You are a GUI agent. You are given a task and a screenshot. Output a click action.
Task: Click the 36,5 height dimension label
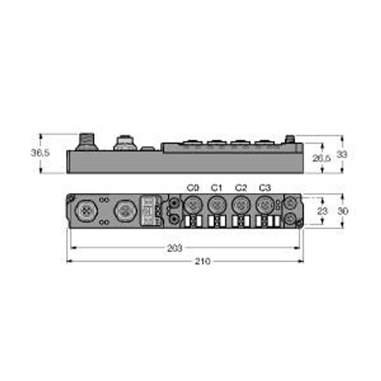tap(40, 153)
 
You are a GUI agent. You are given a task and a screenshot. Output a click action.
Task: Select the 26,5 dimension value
tap(321, 158)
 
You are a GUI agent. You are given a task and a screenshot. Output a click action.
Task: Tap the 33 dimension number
tap(342, 154)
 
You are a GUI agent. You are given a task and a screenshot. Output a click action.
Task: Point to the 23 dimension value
tap(323, 211)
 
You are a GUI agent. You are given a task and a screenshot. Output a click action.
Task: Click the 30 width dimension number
tap(343, 211)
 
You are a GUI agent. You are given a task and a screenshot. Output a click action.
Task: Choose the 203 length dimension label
tap(175, 248)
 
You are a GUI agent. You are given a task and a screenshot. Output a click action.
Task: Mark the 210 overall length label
tap(203, 262)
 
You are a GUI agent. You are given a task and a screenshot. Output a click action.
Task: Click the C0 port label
tap(193, 188)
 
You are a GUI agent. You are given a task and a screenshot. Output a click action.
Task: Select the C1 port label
tap(217, 188)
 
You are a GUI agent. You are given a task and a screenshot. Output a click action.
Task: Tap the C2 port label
tap(241, 188)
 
